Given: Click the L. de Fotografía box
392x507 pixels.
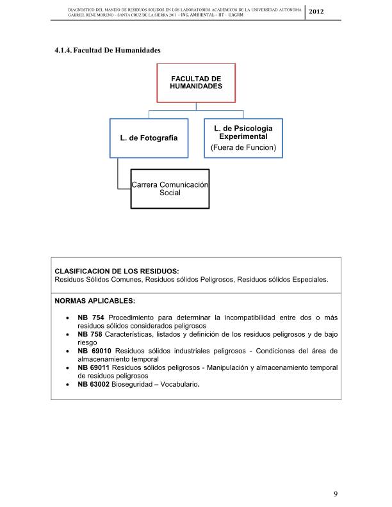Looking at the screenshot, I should coord(149,138).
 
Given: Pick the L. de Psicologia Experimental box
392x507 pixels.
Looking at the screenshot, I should coord(243,138).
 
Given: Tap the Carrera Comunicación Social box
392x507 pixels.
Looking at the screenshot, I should coord(170,188).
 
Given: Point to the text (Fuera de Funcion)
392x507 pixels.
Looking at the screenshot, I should coord(243,148).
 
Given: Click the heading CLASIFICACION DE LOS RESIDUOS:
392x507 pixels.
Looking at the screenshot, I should coord(117,271).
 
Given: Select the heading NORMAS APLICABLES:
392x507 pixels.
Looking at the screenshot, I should coord(95,300).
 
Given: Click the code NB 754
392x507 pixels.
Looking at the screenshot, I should coord(92,318).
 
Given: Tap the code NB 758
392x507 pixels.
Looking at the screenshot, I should coord(92,335).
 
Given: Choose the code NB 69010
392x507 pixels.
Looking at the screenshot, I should coord(95,351).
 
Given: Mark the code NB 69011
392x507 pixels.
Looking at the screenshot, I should coord(95,368).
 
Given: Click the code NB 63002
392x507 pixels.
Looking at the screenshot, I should coord(95,385).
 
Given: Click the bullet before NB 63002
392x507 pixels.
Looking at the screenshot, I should coord(69,385).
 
